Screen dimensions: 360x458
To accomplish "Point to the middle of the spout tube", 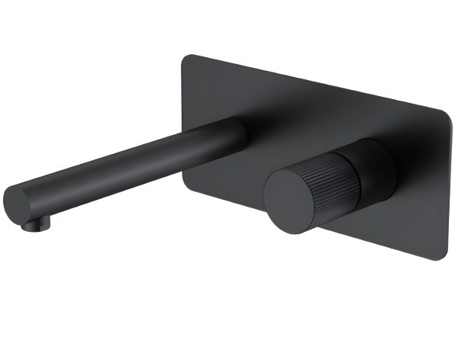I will coord(130,164).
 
